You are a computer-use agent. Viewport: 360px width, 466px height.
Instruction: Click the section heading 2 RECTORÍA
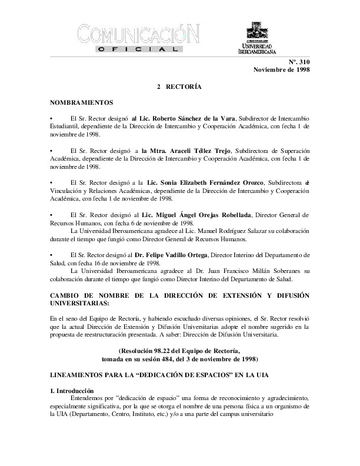[179, 87]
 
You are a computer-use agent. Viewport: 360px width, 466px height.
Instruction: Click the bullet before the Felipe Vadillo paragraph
[52, 257]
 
